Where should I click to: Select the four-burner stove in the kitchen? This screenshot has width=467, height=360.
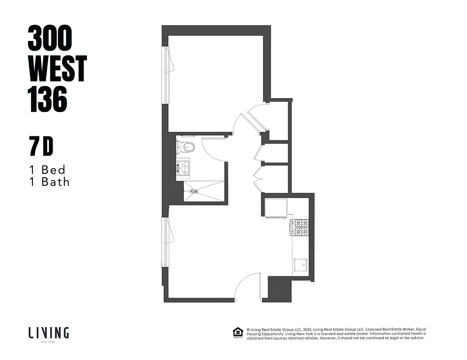pos(299,227)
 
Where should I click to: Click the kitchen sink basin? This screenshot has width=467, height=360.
pos(300,265)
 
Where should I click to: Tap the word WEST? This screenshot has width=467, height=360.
pos(57,69)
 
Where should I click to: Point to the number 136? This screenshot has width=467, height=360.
pos(48,99)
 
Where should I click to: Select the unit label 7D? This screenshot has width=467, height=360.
pos(41,147)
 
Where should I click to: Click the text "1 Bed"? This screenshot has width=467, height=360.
pos(47,170)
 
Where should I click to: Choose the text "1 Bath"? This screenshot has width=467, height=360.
pos(49,182)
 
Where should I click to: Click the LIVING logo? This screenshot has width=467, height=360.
pos(49,333)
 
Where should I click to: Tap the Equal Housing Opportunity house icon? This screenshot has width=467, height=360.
pos(237,333)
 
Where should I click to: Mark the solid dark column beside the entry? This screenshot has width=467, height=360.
pos(279,288)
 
